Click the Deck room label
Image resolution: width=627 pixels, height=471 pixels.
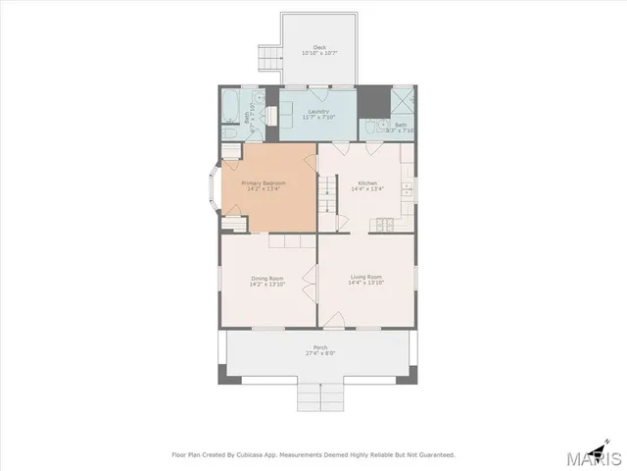point(319,47)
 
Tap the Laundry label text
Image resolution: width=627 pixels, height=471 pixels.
point(318,112)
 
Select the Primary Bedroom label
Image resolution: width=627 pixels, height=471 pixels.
point(264,183)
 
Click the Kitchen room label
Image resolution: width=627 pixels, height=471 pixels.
point(367,183)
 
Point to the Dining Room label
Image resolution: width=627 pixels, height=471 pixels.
point(266,279)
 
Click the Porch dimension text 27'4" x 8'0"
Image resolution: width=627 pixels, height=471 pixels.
point(319,353)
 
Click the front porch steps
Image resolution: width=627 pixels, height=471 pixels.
point(319,397)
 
